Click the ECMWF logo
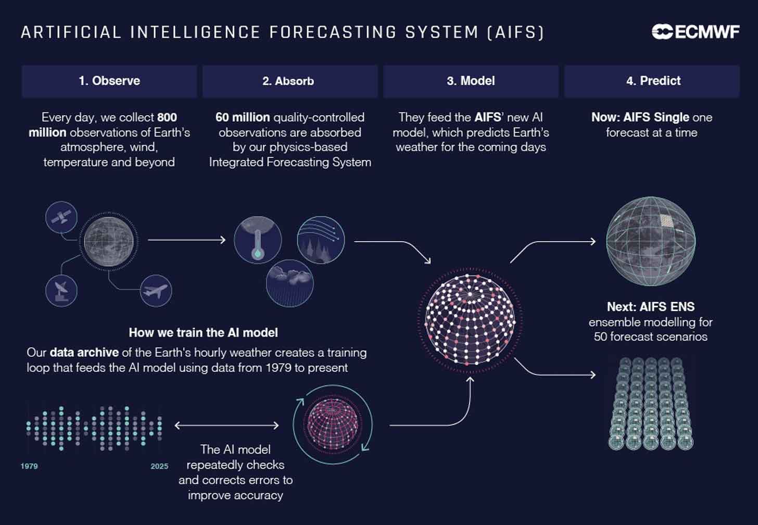click(x=695, y=32)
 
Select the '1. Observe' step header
click(x=109, y=81)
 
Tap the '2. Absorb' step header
click(x=289, y=81)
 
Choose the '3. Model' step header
click(x=471, y=81)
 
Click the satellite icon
click(x=61, y=217)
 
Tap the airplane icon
click(x=156, y=291)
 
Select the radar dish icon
click(x=61, y=291)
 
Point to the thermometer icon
click(x=258, y=240)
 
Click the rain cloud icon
click(x=289, y=283)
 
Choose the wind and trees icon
click(x=321, y=240)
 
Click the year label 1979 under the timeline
click(x=29, y=466)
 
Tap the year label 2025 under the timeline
click(x=159, y=466)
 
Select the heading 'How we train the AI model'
click(x=203, y=332)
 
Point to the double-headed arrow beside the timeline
click(x=226, y=426)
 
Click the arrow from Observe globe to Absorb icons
click(x=186, y=240)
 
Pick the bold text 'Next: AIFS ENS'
click(x=651, y=307)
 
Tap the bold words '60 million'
click(x=243, y=117)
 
